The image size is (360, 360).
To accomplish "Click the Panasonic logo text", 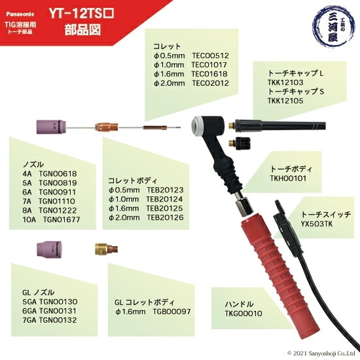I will coord(18,12).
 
